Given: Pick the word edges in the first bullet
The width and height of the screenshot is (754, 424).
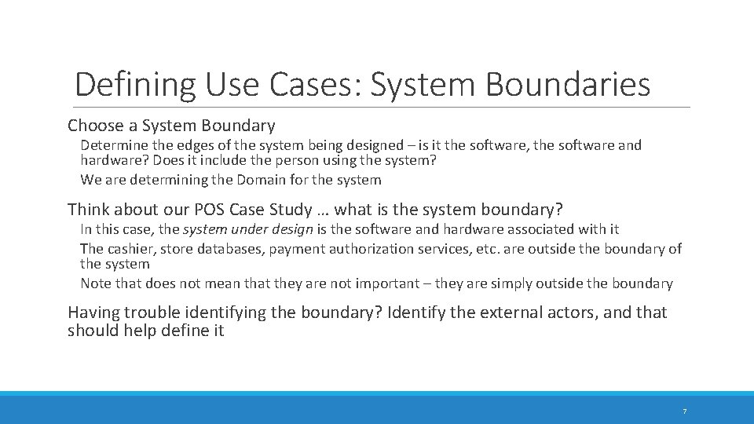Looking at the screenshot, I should [204, 145].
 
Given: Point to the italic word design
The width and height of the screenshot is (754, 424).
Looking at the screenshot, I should [292, 229].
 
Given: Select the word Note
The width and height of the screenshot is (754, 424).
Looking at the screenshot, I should [96, 283].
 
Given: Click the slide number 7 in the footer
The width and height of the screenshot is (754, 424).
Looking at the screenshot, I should [684, 411].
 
